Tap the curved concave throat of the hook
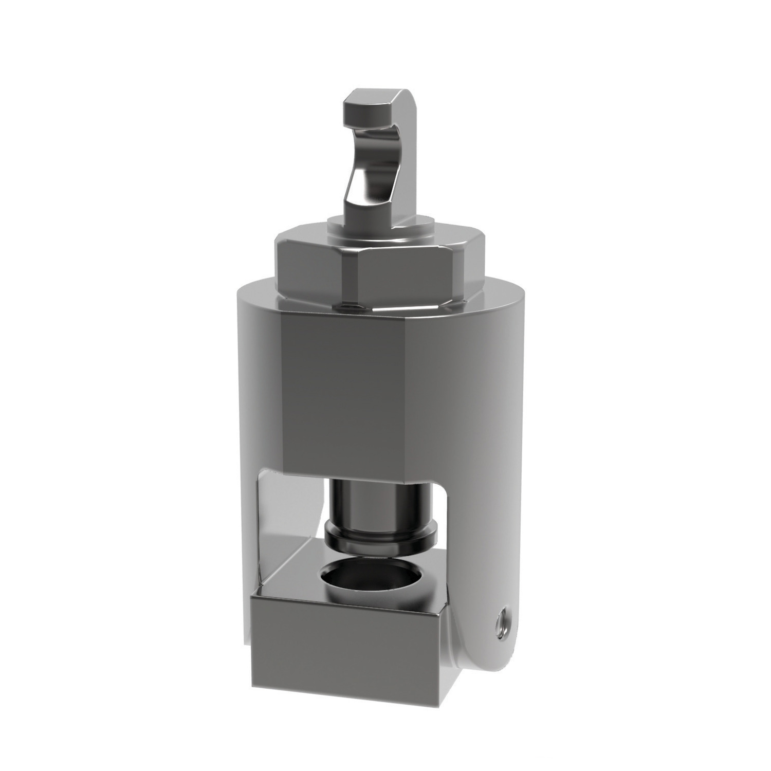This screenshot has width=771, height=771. pos(378,154)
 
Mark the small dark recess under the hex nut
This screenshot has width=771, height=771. pos(350,307)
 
